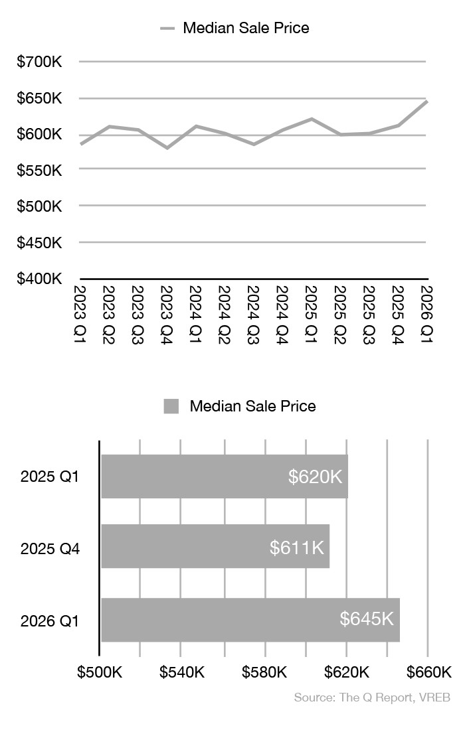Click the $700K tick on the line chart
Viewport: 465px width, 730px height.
click(x=39, y=62)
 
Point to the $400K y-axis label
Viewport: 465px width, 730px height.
click(x=39, y=279)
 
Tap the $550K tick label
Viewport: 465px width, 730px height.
click(x=39, y=171)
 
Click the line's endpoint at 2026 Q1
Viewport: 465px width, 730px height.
click(x=426, y=102)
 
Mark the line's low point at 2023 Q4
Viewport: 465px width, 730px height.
click(x=167, y=147)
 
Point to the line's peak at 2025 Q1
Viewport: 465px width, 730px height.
click(x=311, y=119)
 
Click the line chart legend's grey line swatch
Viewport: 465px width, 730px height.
click(x=167, y=29)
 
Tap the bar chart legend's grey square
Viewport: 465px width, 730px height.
click(x=171, y=406)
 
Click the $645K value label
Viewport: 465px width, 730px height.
click(x=367, y=619)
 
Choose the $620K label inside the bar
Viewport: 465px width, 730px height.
click(x=316, y=476)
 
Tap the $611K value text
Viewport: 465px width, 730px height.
click(x=297, y=547)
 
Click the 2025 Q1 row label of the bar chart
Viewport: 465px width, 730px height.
click(x=50, y=476)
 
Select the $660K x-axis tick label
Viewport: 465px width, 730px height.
click(x=428, y=672)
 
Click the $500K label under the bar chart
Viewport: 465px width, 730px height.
click(x=100, y=672)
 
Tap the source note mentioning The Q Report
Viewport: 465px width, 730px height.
click(x=372, y=698)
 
